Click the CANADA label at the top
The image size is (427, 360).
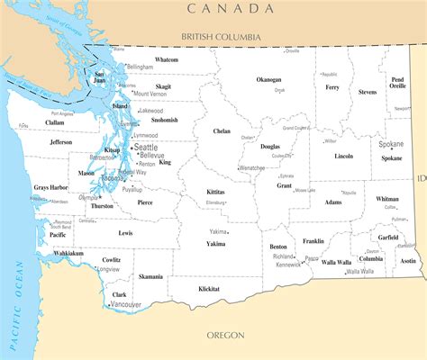tap(230, 8)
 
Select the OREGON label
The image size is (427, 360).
tap(225, 335)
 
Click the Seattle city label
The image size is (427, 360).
tap(145, 147)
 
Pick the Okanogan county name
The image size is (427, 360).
tap(268, 79)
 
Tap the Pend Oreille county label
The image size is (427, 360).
tap(397, 83)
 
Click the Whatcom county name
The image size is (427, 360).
tap(167, 59)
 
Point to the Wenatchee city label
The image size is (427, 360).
tap(252, 168)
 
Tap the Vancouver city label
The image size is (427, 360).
tap(126, 305)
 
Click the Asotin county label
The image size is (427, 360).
tap(408, 261)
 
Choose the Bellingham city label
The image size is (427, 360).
tap(140, 67)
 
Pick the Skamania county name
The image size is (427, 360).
tap(150, 277)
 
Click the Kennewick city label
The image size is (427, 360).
tap(287, 265)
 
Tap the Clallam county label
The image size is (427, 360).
tap(30, 122)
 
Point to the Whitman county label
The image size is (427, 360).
tap(387, 199)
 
